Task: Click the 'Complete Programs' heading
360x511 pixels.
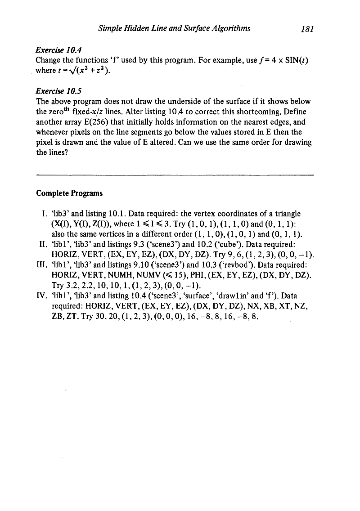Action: pos(69,193)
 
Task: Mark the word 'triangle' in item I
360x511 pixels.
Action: pos(287,213)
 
